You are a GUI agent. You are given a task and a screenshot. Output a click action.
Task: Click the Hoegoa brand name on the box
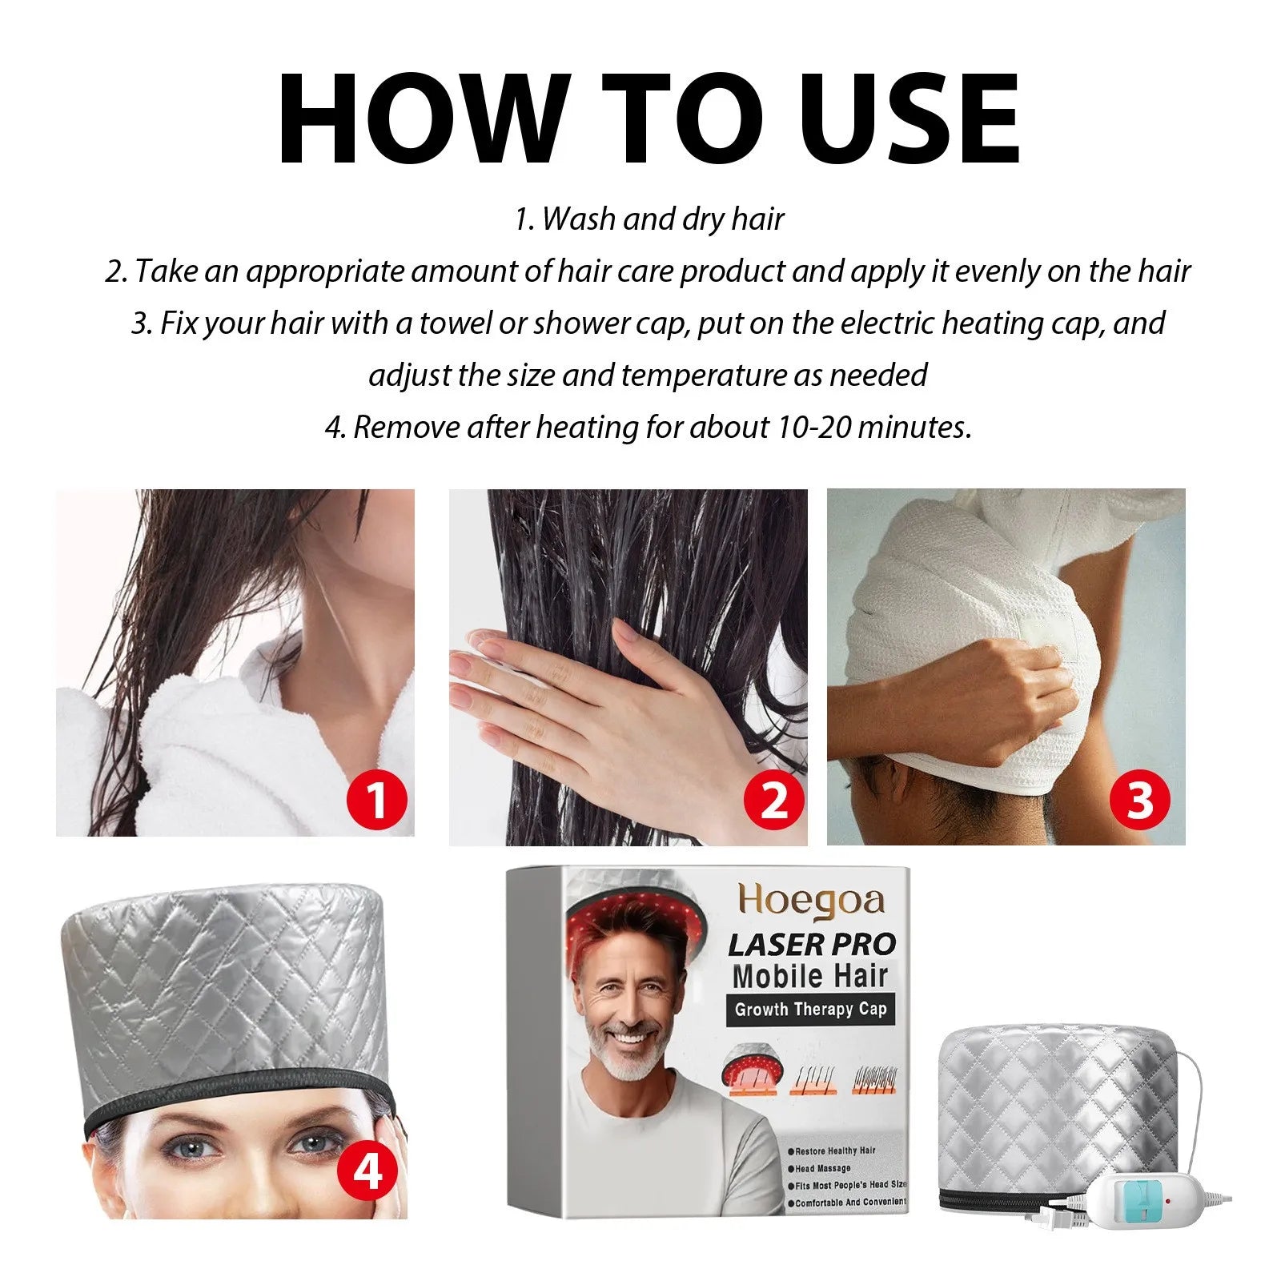click(x=811, y=901)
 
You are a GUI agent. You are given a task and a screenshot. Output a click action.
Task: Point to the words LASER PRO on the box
click(x=811, y=945)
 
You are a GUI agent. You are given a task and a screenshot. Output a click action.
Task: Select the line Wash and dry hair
click(x=649, y=219)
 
